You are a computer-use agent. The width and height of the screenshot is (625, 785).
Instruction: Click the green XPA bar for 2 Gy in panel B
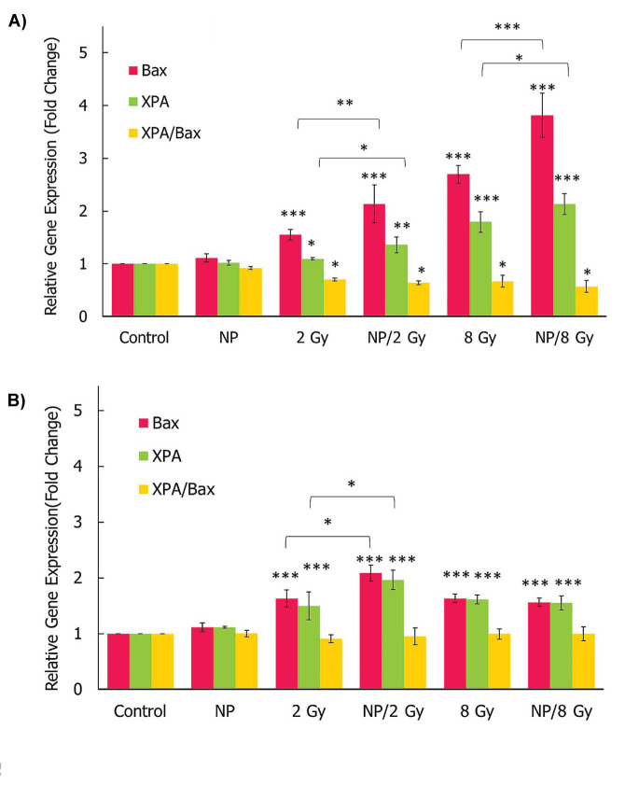click(312, 648)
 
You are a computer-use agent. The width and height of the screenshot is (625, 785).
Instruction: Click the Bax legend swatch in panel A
click(132, 70)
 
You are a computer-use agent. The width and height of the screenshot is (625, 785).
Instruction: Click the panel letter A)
click(20, 21)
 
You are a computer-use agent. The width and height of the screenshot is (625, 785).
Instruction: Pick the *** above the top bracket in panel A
click(502, 29)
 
